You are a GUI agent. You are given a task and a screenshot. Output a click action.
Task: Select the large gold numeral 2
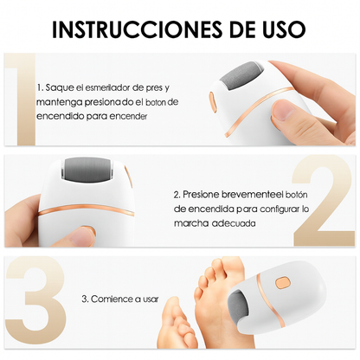point(323,201)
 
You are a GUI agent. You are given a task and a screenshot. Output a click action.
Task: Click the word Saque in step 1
point(60,88)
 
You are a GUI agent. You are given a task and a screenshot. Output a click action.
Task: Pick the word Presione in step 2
point(201,195)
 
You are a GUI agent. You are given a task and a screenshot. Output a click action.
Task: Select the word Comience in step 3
point(108,299)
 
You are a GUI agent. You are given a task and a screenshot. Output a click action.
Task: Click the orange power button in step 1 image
point(212,102)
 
